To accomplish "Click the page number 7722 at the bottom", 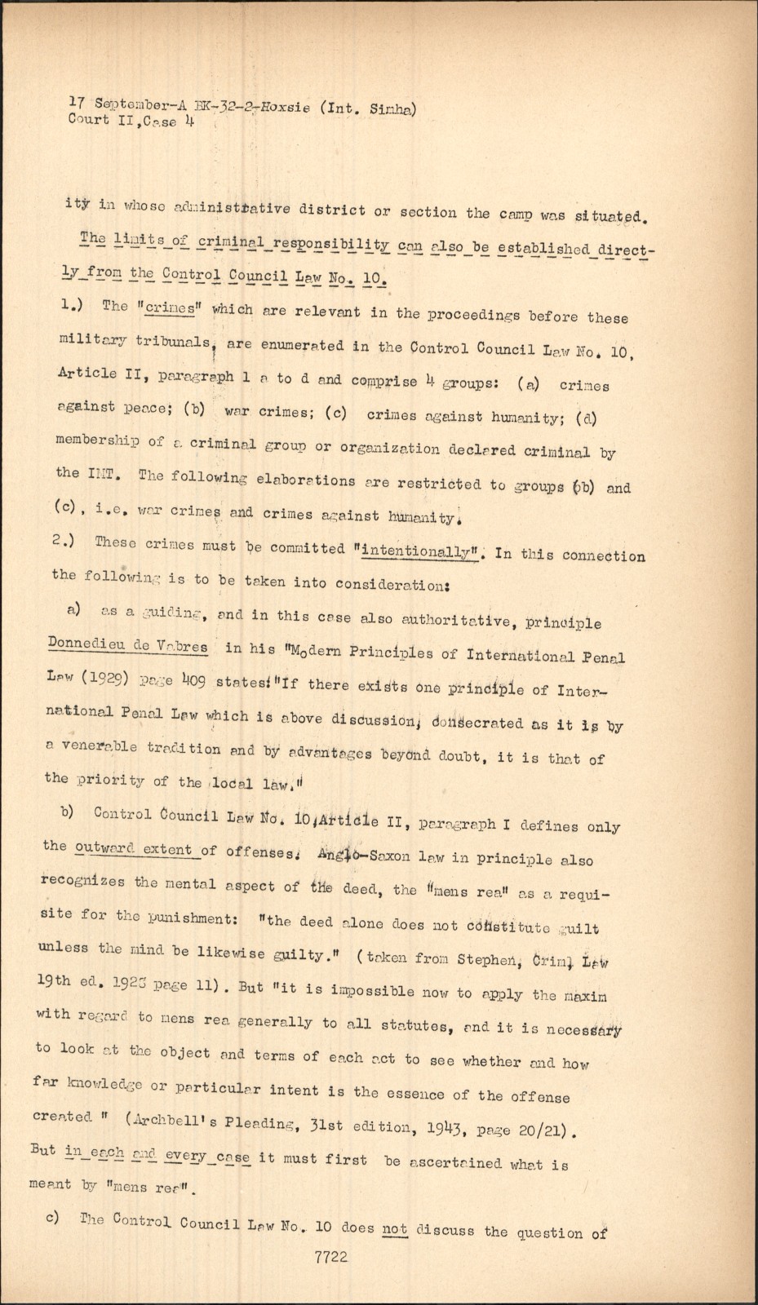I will click(331, 1257).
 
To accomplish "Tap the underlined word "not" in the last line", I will click(395, 1228).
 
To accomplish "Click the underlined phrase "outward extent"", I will click(133, 849).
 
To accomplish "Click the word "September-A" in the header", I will click(140, 104).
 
